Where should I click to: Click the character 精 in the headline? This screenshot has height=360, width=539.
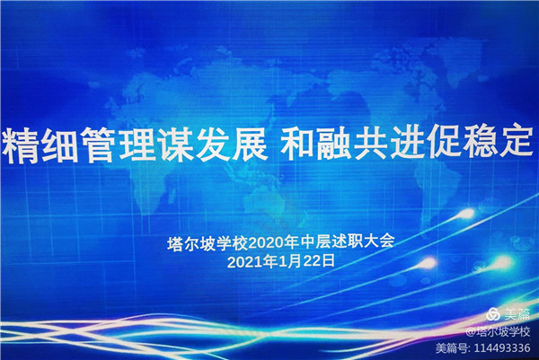pos(22,145)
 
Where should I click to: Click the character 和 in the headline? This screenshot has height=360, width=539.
pos(297,144)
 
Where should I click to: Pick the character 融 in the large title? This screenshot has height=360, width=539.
pos(335,144)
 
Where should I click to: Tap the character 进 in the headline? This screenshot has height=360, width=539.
pos(410,143)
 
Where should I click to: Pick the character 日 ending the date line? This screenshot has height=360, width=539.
pos(329,261)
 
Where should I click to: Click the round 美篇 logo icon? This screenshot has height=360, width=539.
pos(493,314)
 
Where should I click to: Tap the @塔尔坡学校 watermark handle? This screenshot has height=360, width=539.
pos(498,332)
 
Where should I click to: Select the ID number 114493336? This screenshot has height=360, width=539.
pos(502,348)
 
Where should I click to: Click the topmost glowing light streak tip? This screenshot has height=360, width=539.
pos(467,214)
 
